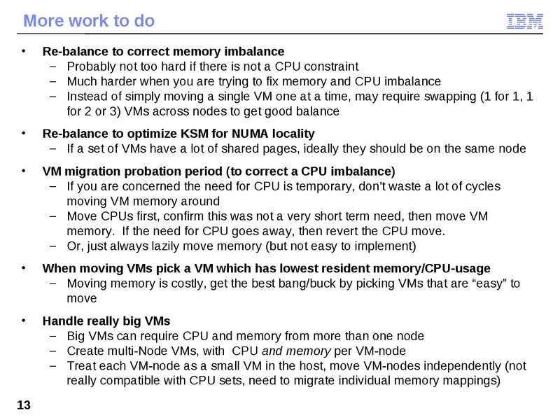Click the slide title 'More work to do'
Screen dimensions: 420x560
click(x=89, y=21)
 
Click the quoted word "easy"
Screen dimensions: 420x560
click(x=488, y=283)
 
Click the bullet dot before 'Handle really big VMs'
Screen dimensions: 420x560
click(x=24, y=321)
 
